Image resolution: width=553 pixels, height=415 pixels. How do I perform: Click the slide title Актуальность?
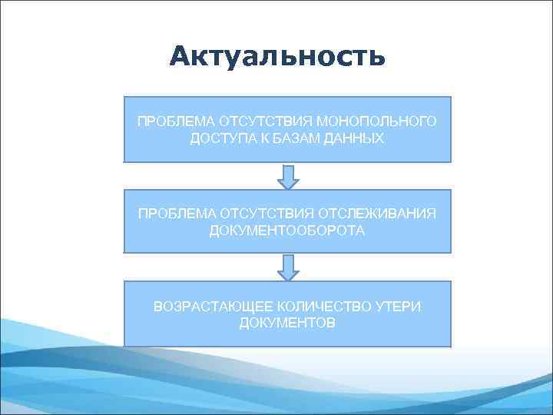(x=277, y=56)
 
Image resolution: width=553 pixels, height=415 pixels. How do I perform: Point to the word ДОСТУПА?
(x=224, y=138)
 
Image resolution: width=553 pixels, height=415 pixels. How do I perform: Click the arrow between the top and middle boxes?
(x=287, y=176)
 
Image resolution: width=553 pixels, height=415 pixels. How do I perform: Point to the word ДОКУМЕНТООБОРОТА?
(x=287, y=231)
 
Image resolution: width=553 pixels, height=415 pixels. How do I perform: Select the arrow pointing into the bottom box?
(x=287, y=267)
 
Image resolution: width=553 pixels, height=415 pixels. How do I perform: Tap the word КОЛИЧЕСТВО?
(x=317, y=307)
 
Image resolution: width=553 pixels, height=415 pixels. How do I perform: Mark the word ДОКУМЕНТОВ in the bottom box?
(x=287, y=323)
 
